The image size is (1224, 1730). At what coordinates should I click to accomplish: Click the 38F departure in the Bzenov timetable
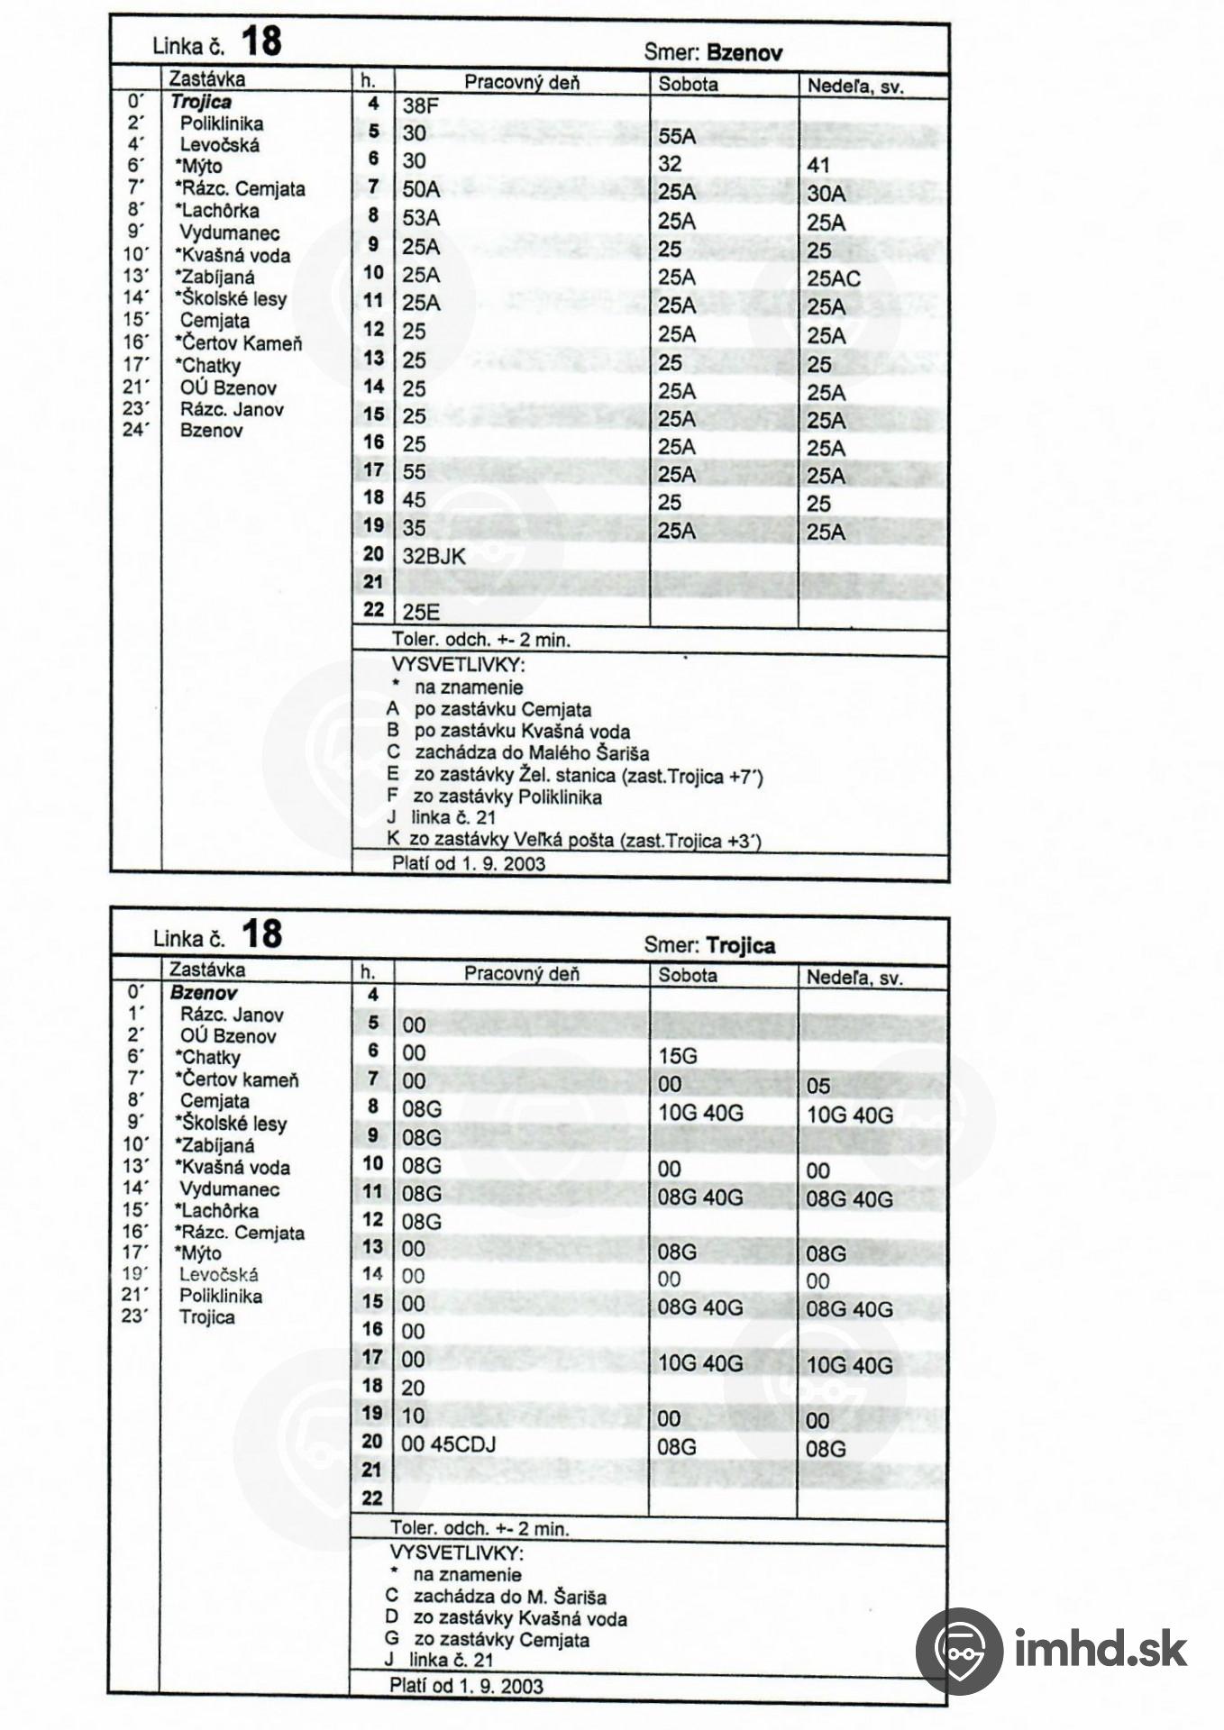(x=420, y=106)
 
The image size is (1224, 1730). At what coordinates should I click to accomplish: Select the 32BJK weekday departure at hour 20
(x=434, y=556)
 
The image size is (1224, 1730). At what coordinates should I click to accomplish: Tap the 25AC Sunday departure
(x=834, y=278)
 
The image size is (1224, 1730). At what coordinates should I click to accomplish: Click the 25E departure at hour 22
(x=421, y=612)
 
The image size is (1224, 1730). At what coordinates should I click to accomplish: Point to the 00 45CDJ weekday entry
(x=449, y=1443)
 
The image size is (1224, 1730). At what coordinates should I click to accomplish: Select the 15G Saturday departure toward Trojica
(x=678, y=1055)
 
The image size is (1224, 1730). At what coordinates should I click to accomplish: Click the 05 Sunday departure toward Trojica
(x=818, y=1086)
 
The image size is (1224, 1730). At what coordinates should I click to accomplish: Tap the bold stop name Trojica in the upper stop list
(x=201, y=102)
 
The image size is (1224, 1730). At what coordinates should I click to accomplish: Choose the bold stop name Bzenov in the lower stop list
(x=204, y=993)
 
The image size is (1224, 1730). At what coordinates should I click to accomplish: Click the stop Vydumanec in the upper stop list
(x=230, y=233)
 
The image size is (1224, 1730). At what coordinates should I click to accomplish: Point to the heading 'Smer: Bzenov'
(x=713, y=52)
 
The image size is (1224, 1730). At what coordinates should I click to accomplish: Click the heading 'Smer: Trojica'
(x=709, y=945)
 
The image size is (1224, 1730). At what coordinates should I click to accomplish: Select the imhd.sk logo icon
(x=958, y=1649)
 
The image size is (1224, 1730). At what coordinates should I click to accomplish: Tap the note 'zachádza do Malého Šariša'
(x=532, y=753)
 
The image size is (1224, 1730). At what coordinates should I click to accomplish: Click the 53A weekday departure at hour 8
(x=421, y=217)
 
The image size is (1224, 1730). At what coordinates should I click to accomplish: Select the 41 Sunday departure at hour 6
(x=818, y=166)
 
